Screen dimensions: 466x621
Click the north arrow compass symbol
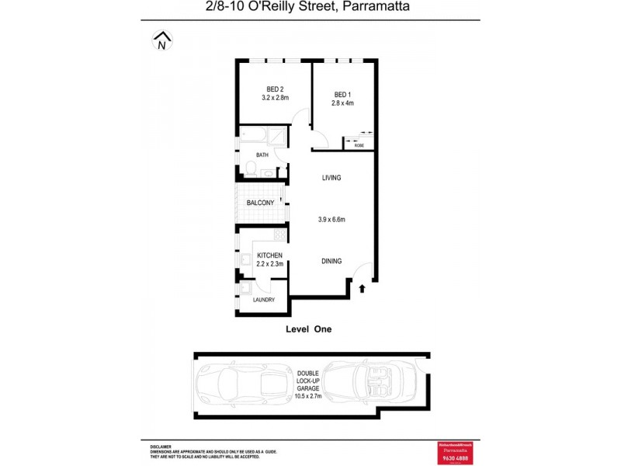(161, 41)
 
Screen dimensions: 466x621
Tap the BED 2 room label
(275, 89)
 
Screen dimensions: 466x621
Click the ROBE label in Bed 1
(359, 145)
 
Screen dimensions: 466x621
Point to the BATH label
(262, 155)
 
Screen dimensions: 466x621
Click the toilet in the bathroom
(249, 167)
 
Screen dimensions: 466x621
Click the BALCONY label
(260, 203)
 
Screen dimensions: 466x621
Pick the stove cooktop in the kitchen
(279, 234)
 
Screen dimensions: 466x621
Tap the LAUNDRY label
(264, 300)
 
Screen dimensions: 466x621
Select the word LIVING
(331, 179)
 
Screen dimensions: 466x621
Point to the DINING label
(331, 262)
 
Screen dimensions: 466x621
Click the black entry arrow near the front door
(362, 290)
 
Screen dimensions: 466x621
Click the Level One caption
(309, 329)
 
